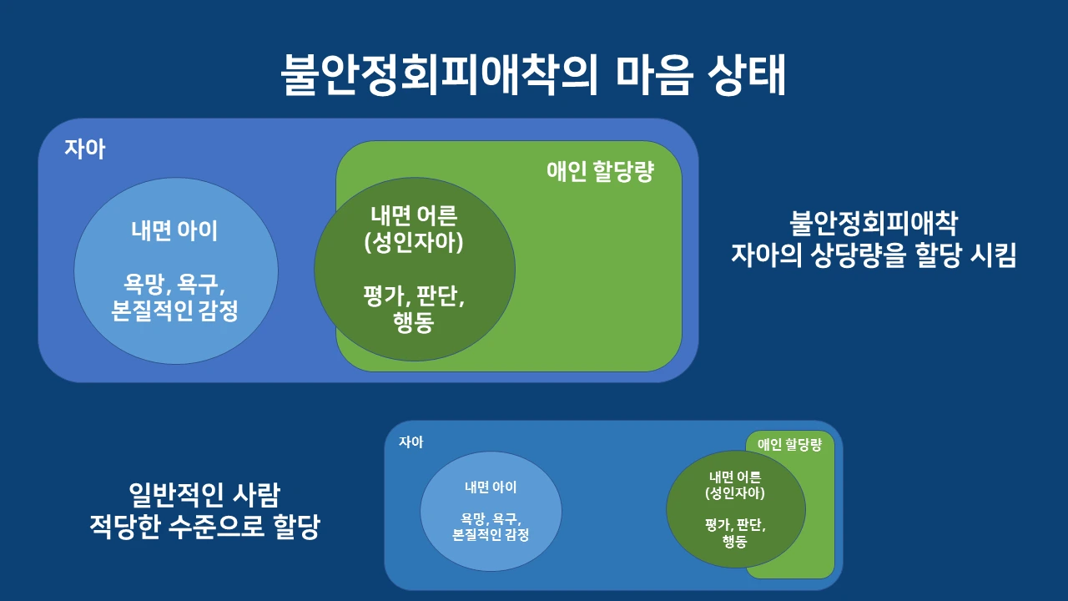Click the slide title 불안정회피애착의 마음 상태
pyautogui.click(x=534, y=76)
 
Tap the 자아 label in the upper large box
pyautogui.click(x=85, y=150)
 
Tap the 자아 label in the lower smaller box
pyautogui.click(x=411, y=442)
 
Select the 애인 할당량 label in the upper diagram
pyautogui.click(x=599, y=172)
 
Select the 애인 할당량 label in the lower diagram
pyautogui.click(x=789, y=445)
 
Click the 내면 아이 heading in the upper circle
pyautogui.click(x=174, y=230)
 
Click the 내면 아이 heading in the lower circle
pyautogui.click(x=490, y=487)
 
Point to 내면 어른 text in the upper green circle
pyautogui.click(x=414, y=215)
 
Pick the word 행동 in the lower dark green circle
pyautogui.click(x=735, y=541)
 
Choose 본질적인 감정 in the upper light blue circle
pyautogui.click(x=174, y=311)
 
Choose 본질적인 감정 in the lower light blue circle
pyautogui.click(x=490, y=535)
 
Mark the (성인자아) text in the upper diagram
pyautogui.click(x=414, y=243)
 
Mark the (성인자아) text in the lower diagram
pyautogui.click(x=735, y=493)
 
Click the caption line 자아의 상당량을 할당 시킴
pyautogui.click(x=874, y=255)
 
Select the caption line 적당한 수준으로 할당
pyautogui.click(x=204, y=528)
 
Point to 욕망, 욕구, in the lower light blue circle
pyautogui.click(x=490, y=518)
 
